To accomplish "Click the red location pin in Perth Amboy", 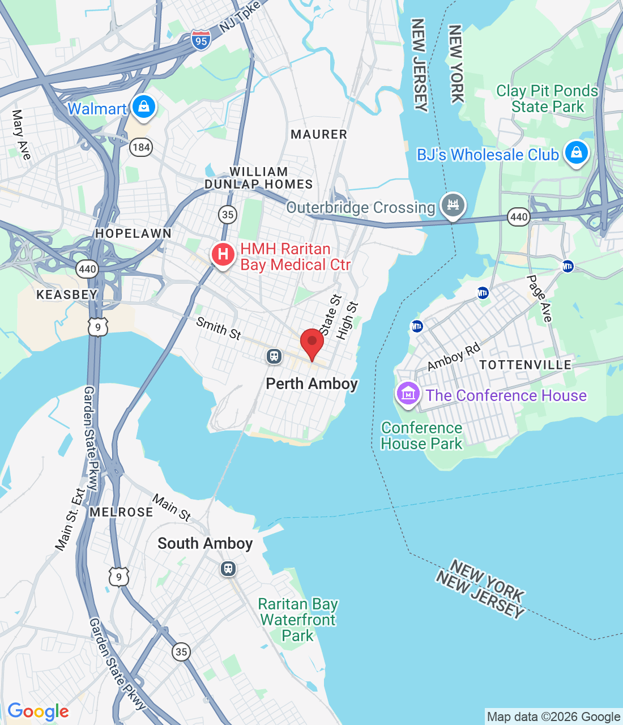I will [x=311, y=342].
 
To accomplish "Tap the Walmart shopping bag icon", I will [x=144, y=106].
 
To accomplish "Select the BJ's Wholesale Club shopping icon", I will [x=577, y=153].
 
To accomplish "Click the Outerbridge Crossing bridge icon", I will [x=453, y=205].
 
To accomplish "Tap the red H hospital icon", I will [x=223, y=254].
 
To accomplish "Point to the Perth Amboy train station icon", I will [x=274, y=356].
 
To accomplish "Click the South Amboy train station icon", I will [x=228, y=568].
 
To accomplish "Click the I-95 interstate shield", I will [x=200, y=40].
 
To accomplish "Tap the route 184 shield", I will [x=140, y=148].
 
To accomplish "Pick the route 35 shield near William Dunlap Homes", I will [x=228, y=214].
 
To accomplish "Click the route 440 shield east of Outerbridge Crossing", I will [x=519, y=216].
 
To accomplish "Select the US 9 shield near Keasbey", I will [x=98, y=327].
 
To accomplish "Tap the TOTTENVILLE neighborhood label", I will [x=526, y=365].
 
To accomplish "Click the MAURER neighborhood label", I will [x=319, y=134].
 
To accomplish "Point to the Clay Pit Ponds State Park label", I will [x=547, y=99].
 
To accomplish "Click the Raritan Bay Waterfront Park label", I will [x=298, y=620].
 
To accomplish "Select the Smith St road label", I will [x=219, y=329].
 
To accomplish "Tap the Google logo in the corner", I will [x=39, y=711].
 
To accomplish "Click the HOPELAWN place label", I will [x=133, y=233].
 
